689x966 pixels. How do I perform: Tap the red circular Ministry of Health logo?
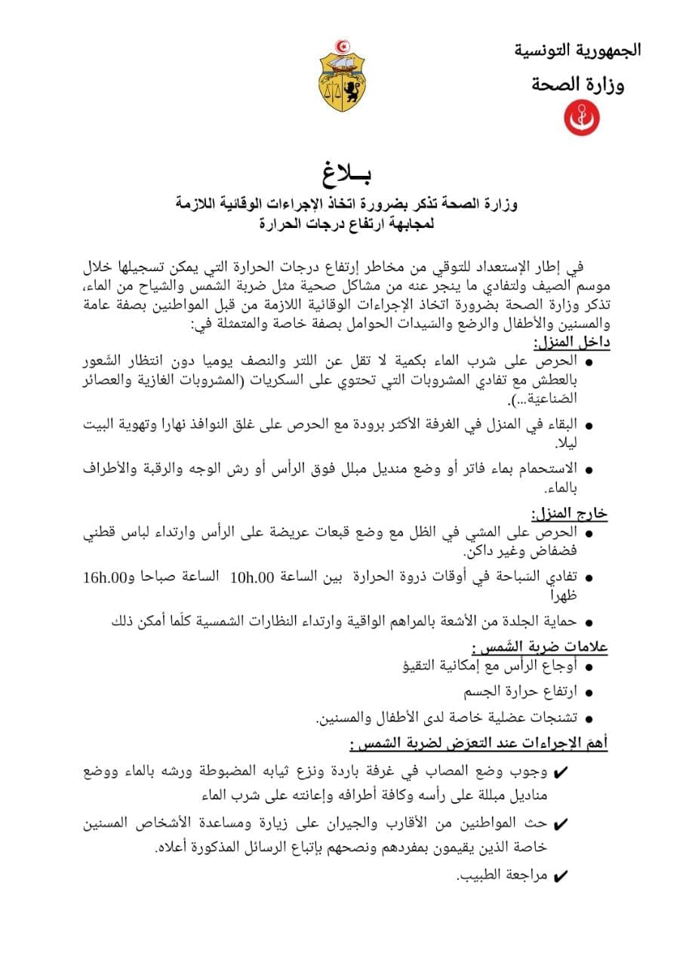[582, 118]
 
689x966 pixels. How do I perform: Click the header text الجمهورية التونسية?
[577, 50]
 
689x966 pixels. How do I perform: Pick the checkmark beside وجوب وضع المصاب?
[561, 774]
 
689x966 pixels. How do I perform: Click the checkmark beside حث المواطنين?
[561, 825]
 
